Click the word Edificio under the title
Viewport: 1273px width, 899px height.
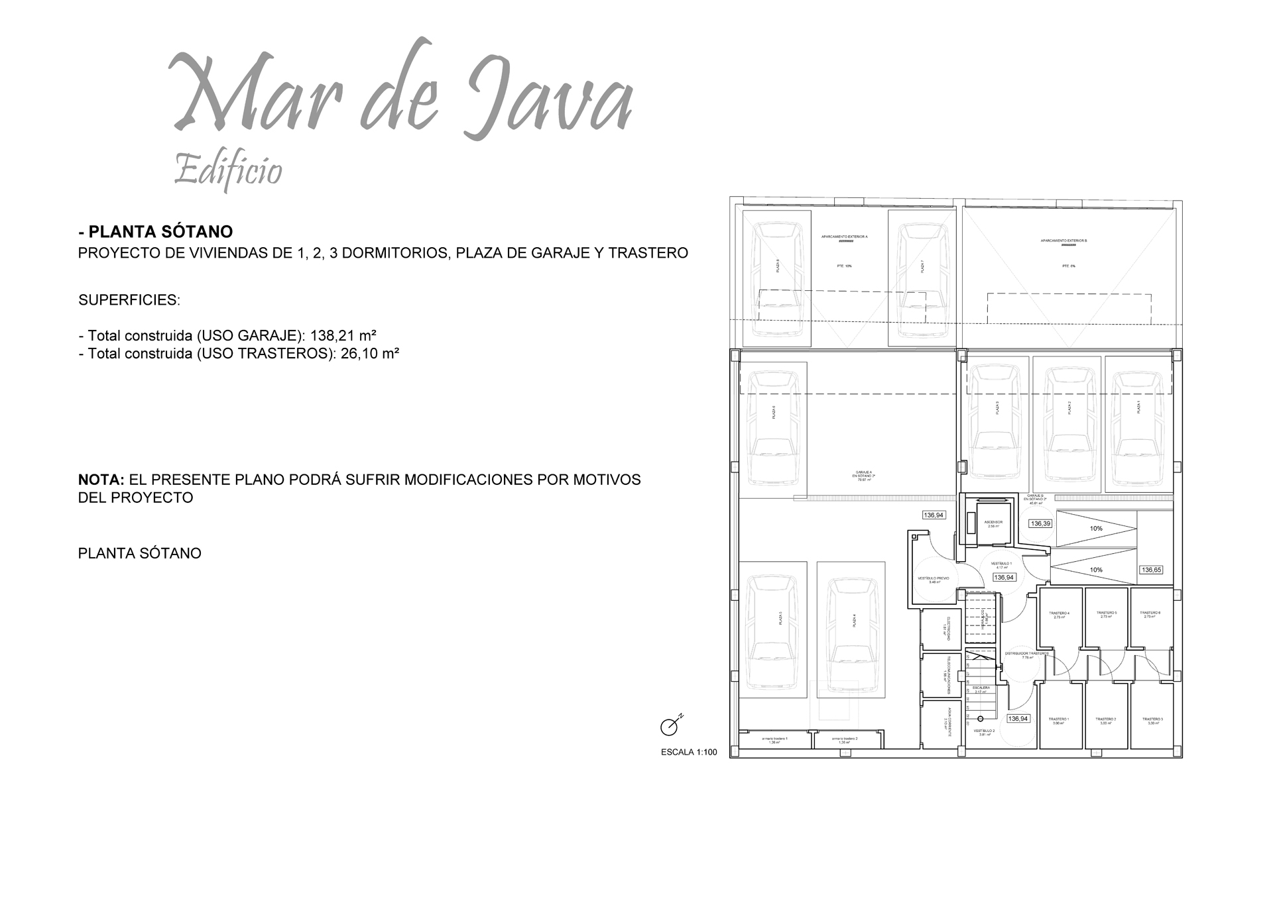(x=228, y=170)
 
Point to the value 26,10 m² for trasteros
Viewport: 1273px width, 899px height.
(x=370, y=354)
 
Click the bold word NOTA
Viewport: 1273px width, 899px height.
(x=101, y=480)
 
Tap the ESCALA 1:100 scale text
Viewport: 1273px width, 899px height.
(x=689, y=752)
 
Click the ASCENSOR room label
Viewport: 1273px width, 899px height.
(x=993, y=522)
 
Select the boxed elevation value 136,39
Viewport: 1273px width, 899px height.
(x=1040, y=523)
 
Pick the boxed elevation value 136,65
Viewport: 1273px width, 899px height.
(x=1152, y=570)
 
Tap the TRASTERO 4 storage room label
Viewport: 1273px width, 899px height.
(x=1060, y=613)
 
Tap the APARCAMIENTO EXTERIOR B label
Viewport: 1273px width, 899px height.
(x=1063, y=240)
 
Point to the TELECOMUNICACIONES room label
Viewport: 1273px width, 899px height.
(x=949, y=674)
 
